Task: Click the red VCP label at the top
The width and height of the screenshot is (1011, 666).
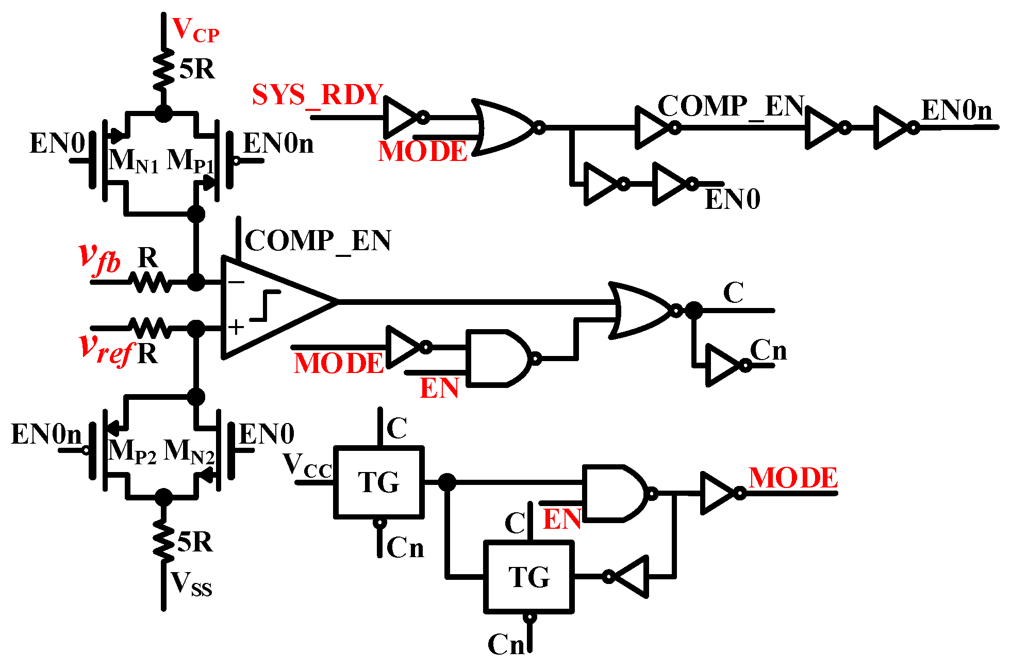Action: [x=195, y=30]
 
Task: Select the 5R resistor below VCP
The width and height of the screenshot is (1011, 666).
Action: [x=164, y=70]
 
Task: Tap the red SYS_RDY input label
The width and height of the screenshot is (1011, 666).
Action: [x=317, y=95]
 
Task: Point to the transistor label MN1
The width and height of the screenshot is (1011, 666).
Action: [x=133, y=161]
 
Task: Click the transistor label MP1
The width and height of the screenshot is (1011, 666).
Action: [x=190, y=161]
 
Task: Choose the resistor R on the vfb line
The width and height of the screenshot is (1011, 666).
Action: [x=150, y=282]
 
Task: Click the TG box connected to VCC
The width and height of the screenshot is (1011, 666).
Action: [x=379, y=482]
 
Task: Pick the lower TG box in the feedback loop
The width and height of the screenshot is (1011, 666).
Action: [x=529, y=577]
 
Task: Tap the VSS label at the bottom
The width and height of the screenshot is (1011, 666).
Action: [x=191, y=585]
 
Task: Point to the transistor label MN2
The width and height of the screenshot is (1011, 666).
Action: [x=188, y=452]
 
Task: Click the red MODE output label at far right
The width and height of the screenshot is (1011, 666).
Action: [x=793, y=478]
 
